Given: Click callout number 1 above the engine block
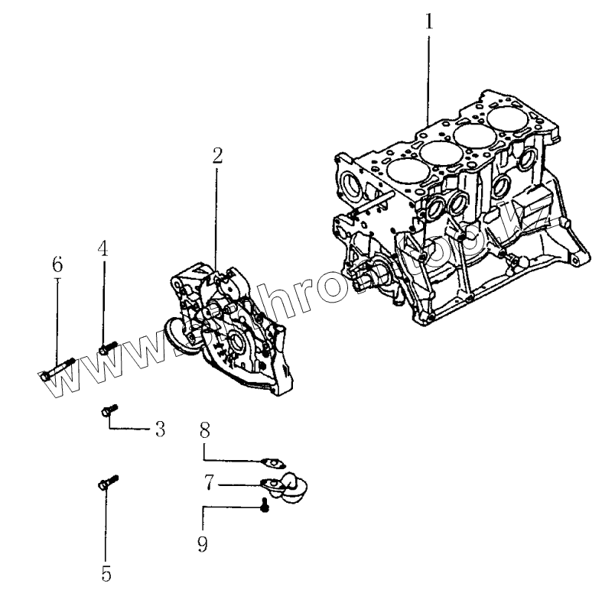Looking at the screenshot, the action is pyautogui.click(x=428, y=21).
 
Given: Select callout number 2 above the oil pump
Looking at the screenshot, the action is pyautogui.click(x=217, y=156).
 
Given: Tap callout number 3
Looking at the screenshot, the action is pyautogui.click(x=160, y=429).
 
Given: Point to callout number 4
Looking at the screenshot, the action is pyautogui.click(x=103, y=248).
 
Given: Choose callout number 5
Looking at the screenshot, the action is pyautogui.click(x=106, y=572).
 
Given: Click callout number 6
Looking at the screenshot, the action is pyautogui.click(x=57, y=264).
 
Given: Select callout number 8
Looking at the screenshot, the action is pyautogui.click(x=205, y=430).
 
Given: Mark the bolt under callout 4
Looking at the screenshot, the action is pyautogui.click(x=107, y=348).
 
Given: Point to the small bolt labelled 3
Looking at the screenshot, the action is pyautogui.click(x=107, y=412).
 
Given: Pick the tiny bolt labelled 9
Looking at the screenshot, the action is pyautogui.click(x=264, y=505).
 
